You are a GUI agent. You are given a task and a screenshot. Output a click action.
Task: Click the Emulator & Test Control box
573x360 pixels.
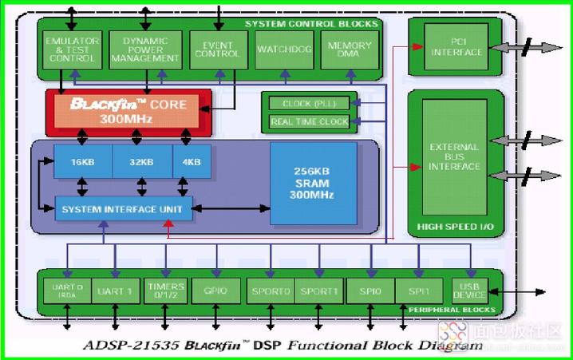72,49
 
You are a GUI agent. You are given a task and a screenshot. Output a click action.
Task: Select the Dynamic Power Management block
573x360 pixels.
144,49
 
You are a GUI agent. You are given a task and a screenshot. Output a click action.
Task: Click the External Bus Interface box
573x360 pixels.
455,156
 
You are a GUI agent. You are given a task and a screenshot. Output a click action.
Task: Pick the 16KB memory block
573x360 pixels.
83,162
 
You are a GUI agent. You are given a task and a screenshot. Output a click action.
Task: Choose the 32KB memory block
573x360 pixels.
142,162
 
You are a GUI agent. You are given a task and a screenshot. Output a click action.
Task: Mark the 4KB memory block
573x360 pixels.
192,162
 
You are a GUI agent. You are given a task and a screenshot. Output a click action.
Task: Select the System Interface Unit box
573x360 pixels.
123,209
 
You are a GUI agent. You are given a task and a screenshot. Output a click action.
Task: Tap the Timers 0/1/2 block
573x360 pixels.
166,291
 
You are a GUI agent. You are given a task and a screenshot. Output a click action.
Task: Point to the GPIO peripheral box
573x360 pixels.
215,291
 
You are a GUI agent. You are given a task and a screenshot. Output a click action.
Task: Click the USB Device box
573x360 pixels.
469,290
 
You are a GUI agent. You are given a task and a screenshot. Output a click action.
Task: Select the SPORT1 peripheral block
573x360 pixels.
320,291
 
